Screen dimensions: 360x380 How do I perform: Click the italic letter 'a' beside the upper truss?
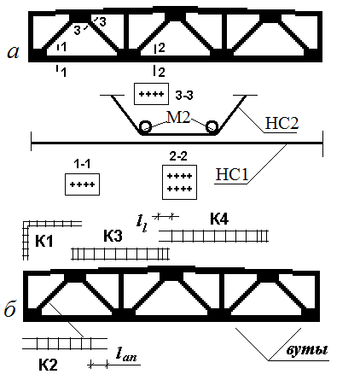tap(14, 52)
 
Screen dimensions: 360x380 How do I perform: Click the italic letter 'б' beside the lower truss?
tap(10, 308)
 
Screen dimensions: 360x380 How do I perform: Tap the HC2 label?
tap(282, 123)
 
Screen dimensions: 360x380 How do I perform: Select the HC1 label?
tap(232, 174)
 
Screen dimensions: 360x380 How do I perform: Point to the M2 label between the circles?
tap(178, 117)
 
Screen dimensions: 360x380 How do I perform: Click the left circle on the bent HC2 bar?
tap(145, 126)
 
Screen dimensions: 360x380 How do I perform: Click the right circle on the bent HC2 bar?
tap(212, 126)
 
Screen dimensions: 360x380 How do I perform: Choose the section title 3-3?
tap(184, 96)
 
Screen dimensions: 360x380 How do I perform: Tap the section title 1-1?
tap(82, 164)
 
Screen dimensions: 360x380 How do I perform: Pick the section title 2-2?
tap(178, 156)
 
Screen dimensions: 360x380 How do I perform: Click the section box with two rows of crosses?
tap(179, 182)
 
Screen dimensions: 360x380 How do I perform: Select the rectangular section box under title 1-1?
tap(82, 184)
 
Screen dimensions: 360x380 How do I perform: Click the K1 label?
tap(44, 242)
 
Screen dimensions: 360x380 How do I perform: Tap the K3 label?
tap(113, 236)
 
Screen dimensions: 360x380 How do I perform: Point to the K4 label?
tap(219, 219)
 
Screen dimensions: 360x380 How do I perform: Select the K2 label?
tap(48, 365)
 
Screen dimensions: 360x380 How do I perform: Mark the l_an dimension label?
tap(126, 354)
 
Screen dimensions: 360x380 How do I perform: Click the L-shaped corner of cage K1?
tap(26, 224)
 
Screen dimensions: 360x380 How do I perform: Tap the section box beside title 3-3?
tap(151, 94)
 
